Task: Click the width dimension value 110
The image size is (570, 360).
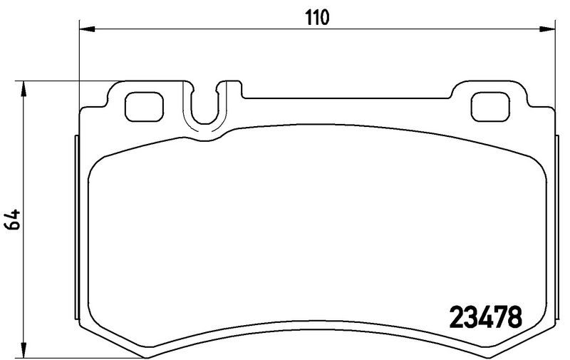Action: click(x=316, y=17)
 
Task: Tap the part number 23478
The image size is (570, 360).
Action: click(x=487, y=315)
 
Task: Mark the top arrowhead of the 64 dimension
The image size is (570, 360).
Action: click(x=25, y=87)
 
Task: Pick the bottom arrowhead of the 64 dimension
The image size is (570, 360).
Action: click(x=25, y=351)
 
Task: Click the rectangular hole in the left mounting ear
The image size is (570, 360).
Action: click(x=144, y=107)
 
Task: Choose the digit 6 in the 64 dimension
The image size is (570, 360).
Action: click(x=12, y=226)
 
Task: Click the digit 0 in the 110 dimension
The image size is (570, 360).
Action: click(x=324, y=17)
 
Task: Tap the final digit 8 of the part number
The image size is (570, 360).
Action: click(x=516, y=315)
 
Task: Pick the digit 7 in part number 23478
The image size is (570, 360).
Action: click(x=502, y=315)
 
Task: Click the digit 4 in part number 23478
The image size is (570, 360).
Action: click(x=487, y=315)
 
